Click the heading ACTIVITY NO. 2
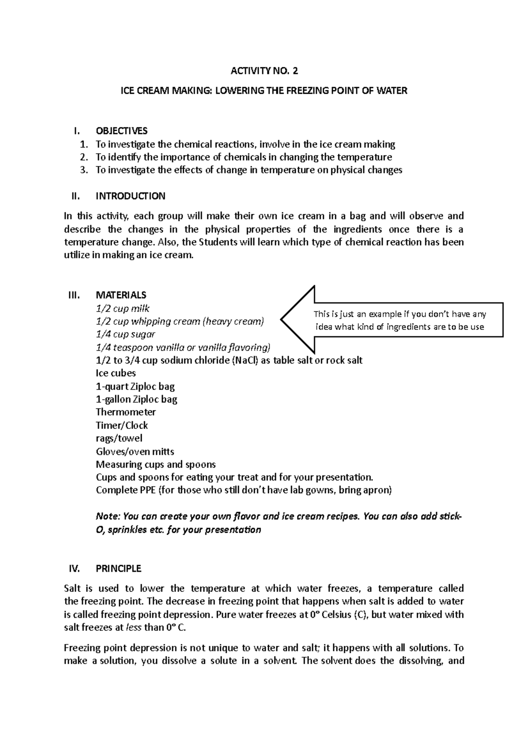(264, 70)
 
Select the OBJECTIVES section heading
(122, 131)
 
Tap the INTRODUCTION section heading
(131, 196)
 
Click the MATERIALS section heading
(121, 295)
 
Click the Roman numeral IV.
(74, 568)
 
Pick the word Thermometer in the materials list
(126, 412)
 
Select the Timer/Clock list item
(122, 425)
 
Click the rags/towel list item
(119, 438)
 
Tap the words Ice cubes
(116, 373)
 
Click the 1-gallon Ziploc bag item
(136, 399)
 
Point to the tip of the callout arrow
(282, 320)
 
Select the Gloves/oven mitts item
(135, 451)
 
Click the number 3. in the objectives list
(84, 170)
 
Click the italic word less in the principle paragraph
(134, 627)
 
